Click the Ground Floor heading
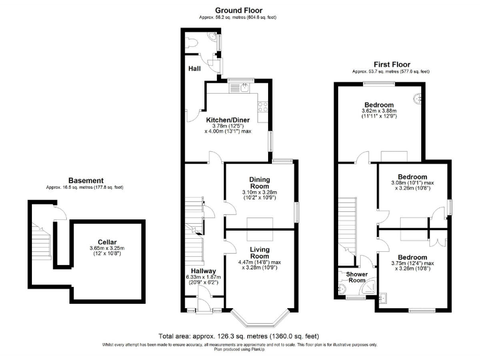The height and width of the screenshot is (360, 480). (x=239, y=10)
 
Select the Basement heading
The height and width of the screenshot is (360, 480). (x=86, y=181)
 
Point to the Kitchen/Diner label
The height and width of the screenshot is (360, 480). (x=228, y=118)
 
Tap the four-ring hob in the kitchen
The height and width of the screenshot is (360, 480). (x=264, y=107)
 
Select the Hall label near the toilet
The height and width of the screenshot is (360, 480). (x=194, y=69)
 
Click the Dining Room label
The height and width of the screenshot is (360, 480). (x=259, y=182)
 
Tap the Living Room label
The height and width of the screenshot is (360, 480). (x=259, y=252)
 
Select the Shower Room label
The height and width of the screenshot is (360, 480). (x=356, y=276)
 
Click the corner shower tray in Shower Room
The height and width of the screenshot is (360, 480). (x=369, y=287)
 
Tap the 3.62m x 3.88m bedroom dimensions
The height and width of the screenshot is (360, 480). (x=379, y=111)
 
